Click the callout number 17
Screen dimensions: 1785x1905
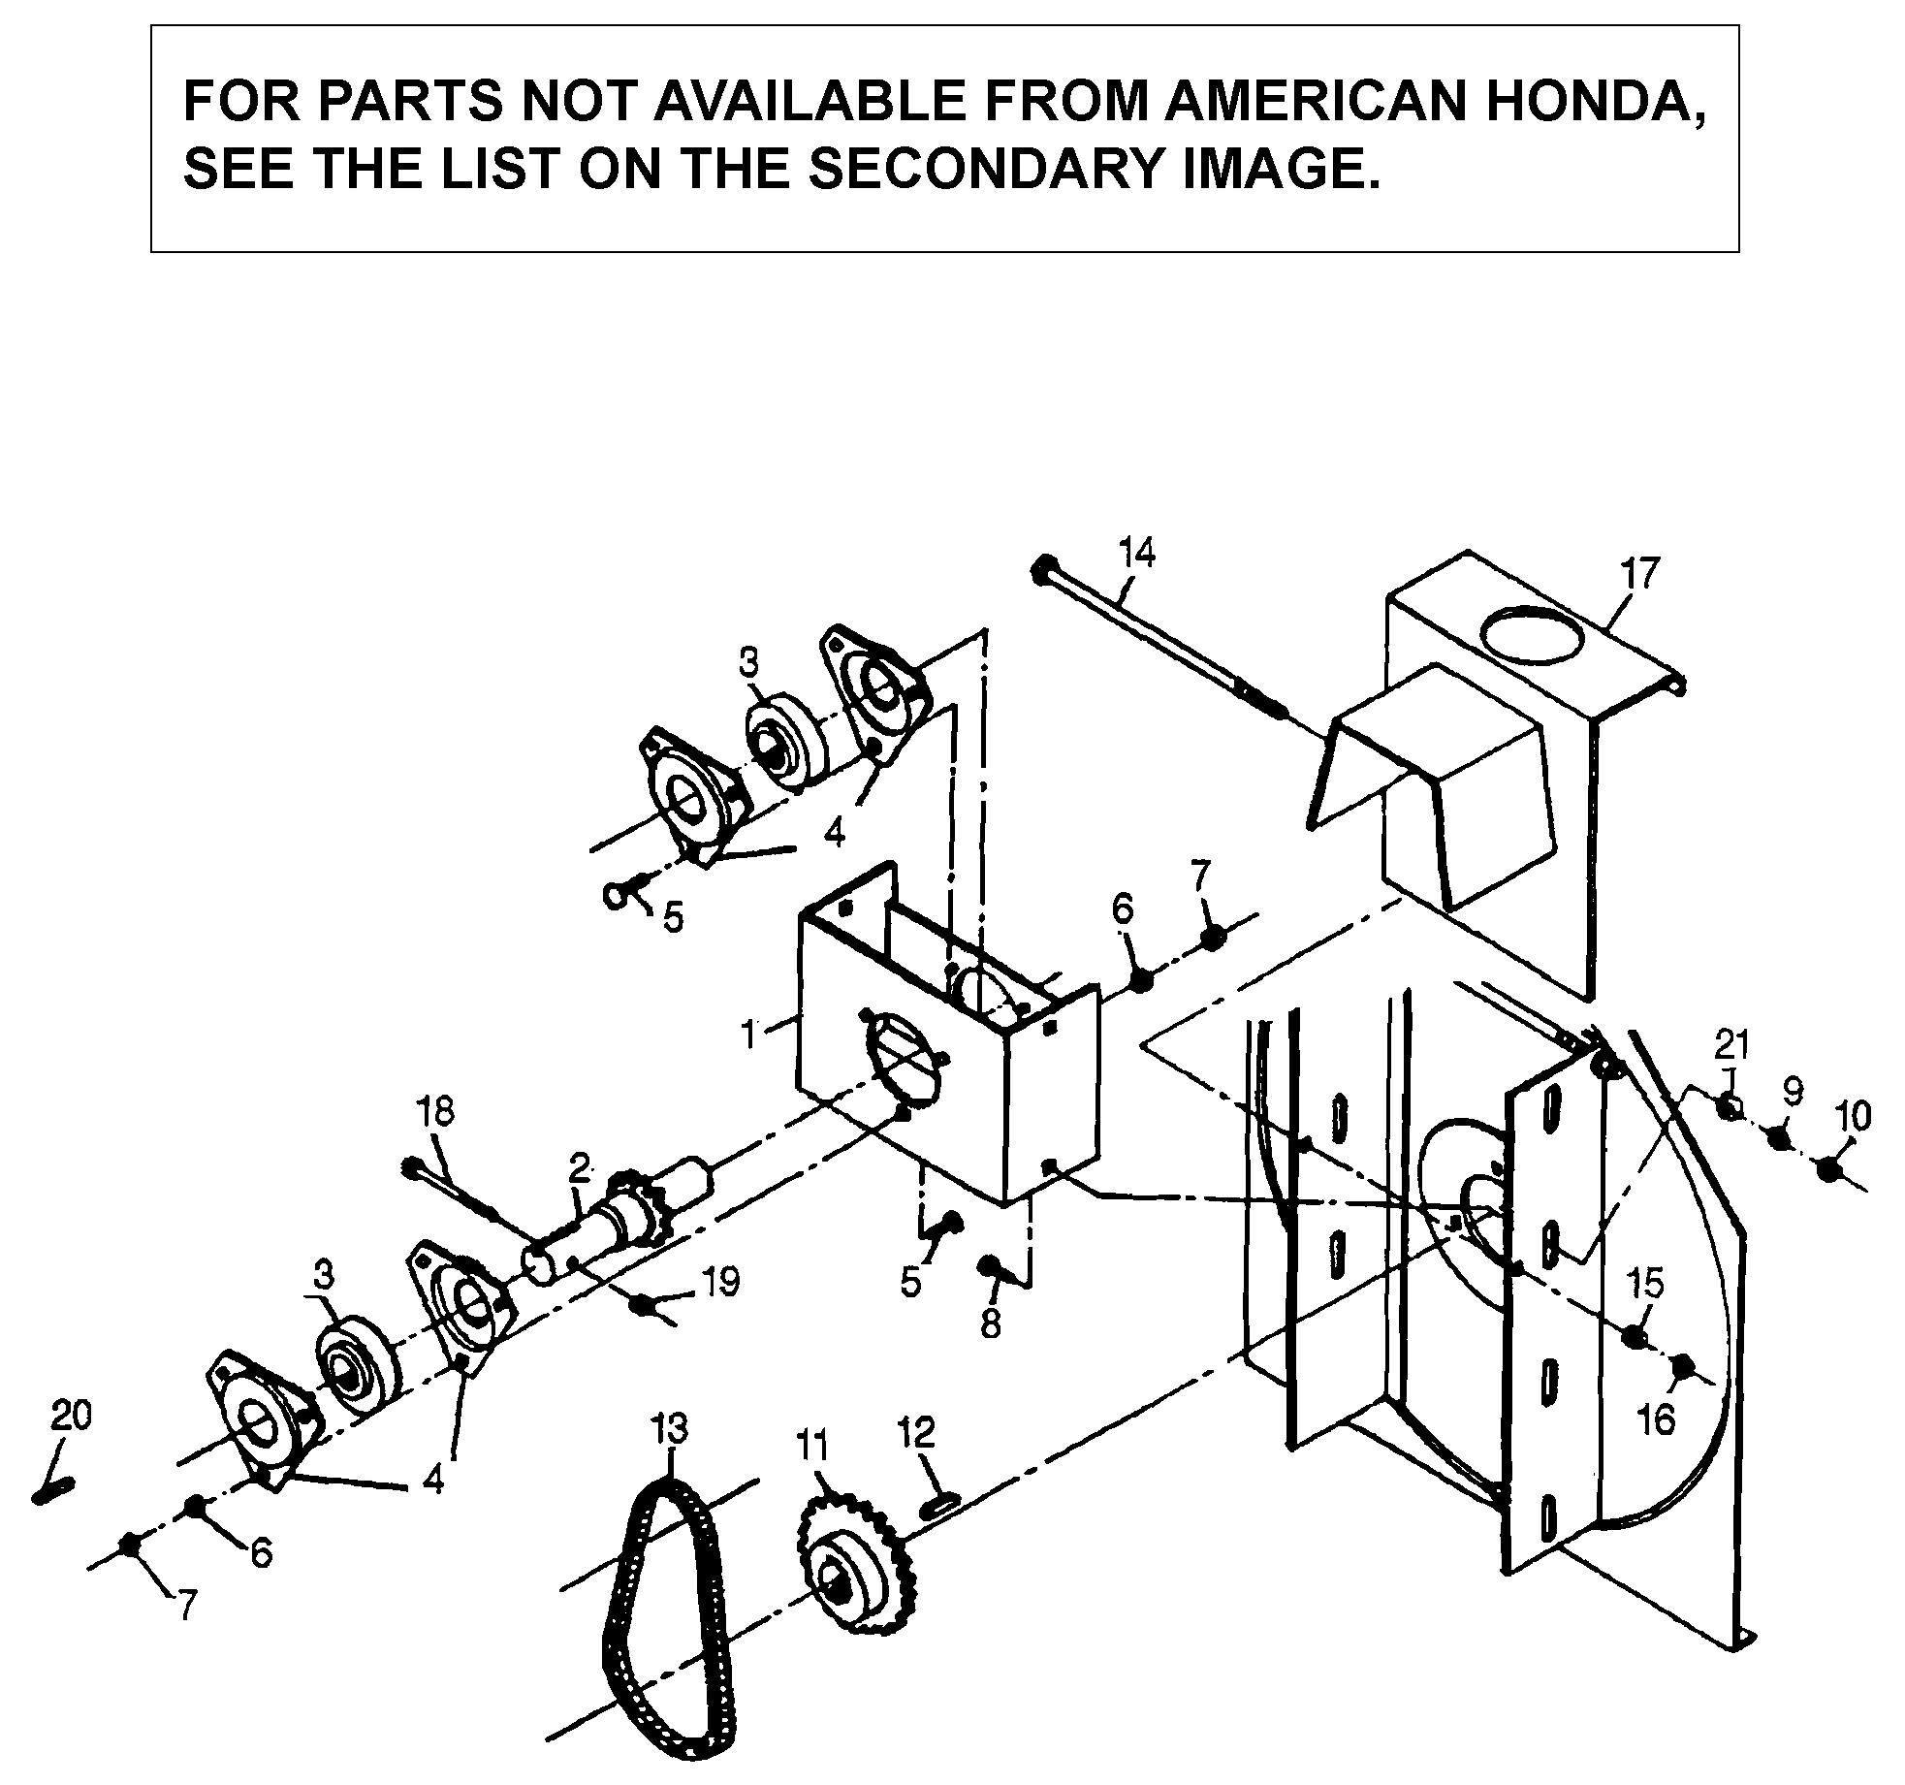pyautogui.click(x=1639, y=573)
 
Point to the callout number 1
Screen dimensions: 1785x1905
pyautogui.click(x=748, y=1035)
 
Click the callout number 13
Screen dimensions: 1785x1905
pyautogui.click(x=670, y=1428)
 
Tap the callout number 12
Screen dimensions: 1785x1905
pyautogui.click(x=916, y=1431)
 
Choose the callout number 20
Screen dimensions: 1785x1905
pyautogui.click(x=71, y=1417)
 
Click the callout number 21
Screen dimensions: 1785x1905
pyautogui.click(x=1731, y=1045)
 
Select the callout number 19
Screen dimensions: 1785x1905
pyautogui.click(x=720, y=1283)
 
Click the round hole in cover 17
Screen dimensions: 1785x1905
pyautogui.click(x=1532, y=635)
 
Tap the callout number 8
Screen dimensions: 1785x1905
pyautogui.click(x=990, y=1324)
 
